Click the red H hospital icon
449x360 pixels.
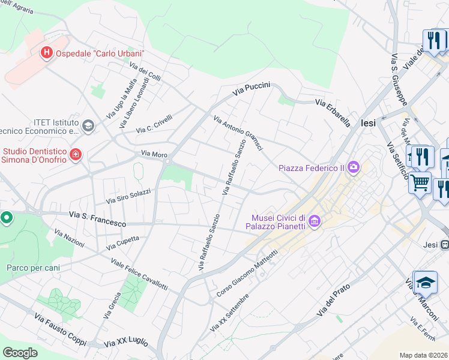(x=46, y=53)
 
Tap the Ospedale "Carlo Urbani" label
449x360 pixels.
(x=100, y=53)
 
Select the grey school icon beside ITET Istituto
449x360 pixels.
(x=88, y=125)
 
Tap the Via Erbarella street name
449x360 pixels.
(x=333, y=113)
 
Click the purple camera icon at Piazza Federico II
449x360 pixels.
(x=354, y=167)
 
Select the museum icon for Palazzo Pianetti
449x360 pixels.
(x=313, y=222)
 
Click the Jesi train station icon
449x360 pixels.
(x=445, y=244)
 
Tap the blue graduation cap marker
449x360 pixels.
(x=425, y=282)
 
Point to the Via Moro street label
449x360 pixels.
(x=154, y=154)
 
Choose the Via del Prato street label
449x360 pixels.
(x=333, y=301)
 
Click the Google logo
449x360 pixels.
(x=20, y=353)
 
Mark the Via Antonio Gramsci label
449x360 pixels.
(x=238, y=134)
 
